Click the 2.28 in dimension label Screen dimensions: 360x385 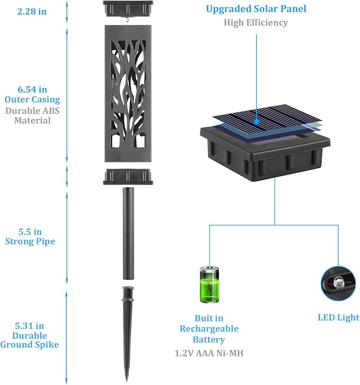coord(32,12)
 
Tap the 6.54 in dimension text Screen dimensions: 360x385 coord(32,90)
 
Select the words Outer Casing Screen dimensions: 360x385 coord(32,100)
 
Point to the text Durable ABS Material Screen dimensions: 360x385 coord(32,116)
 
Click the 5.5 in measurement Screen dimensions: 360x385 coord(30,232)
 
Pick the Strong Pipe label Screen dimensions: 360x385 coord(30,241)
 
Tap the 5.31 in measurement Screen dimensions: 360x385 coord(30,326)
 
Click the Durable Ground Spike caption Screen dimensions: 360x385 coord(30,340)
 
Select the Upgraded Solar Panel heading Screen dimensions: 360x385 coord(256,9)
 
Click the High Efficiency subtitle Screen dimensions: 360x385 coord(256,23)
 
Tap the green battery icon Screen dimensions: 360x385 coord(209,284)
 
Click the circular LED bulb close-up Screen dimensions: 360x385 coord(338,283)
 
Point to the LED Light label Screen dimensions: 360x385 coord(338,318)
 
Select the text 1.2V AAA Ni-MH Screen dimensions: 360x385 coord(209,353)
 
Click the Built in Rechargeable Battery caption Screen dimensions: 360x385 coord(209,329)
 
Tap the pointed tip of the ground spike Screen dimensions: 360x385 coord(127,381)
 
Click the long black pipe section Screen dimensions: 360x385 coord(128,233)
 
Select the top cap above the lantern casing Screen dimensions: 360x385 coord(128,9)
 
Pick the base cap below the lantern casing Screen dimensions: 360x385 coord(128,177)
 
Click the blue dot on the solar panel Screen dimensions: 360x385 coord(257,121)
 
